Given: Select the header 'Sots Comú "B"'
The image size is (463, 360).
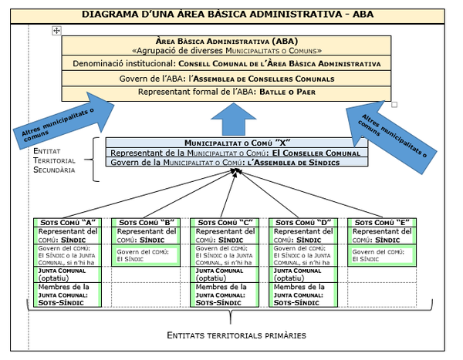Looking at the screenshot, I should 147,223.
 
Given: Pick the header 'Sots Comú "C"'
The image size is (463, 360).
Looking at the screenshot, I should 225,223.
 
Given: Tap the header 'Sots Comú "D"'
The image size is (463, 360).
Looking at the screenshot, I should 304,223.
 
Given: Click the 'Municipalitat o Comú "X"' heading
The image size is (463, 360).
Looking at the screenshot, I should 236,143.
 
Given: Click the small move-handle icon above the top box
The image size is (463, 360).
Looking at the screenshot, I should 56,30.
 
